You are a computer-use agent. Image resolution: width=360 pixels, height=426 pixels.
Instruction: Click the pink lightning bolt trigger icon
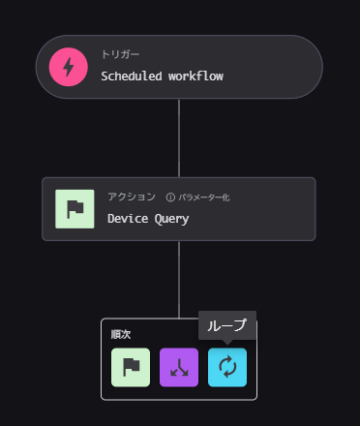[69, 67]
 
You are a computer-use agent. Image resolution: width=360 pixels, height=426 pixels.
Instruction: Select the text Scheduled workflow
[162, 76]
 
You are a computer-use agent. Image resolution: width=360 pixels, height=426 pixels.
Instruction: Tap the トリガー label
[120, 54]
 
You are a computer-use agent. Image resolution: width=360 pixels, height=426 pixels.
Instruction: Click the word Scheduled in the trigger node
[132, 76]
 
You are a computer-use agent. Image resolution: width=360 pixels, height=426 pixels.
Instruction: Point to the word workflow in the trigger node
[195, 76]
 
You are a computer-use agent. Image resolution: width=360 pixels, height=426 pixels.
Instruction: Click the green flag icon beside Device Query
[75, 209]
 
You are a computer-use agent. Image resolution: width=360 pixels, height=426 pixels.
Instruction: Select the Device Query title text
[148, 219]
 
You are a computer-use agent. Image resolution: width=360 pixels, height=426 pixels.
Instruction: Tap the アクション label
[132, 197]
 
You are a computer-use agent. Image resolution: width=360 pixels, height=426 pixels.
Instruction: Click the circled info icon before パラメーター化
[170, 198]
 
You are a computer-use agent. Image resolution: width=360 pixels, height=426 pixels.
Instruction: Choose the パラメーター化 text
[204, 198]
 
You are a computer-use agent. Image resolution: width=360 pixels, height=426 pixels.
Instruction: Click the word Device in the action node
[128, 218]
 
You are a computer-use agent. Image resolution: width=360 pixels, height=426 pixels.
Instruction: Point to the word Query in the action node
[171, 219]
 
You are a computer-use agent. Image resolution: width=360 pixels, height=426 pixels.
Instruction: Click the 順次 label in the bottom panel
[121, 334]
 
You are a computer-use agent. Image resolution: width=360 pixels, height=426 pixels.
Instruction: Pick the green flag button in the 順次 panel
[131, 367]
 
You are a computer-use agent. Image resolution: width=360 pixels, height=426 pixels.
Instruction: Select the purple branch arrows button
[179, 367]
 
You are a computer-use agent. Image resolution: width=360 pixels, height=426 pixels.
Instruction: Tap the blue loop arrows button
[227, 367]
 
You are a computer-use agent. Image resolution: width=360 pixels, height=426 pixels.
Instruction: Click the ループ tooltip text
[226, 325]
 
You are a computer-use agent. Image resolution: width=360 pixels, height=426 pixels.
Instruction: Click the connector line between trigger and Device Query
[179, 138]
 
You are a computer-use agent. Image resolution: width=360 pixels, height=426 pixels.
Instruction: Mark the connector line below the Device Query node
[179, 280]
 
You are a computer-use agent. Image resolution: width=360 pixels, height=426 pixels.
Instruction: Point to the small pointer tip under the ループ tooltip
[227, 344]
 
